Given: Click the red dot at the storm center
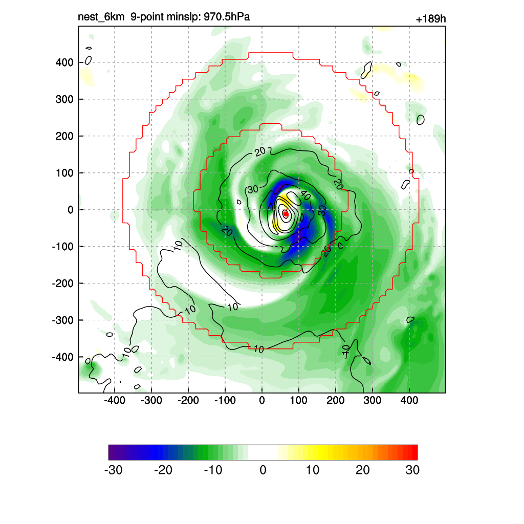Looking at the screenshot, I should click(286, 213).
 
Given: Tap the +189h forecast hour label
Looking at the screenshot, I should click(430, 19).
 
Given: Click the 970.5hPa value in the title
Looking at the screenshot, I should click(227, 17).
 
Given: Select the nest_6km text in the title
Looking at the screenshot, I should click(101, 17).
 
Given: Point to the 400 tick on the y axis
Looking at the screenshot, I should click(64, 62).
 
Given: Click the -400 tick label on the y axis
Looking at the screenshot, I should click(62, 357).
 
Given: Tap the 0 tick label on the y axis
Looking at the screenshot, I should click(71, 210).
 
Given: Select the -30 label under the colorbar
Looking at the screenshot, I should click(113, 470).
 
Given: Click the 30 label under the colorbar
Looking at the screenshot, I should click(412, 470).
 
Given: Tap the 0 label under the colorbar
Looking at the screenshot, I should click(263, 470).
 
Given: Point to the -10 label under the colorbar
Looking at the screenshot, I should click(213, 470).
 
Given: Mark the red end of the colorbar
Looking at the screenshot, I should click(413, 452).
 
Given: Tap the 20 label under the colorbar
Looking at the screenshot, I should click(362, 470).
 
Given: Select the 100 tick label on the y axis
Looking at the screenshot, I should click(64, 173).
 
